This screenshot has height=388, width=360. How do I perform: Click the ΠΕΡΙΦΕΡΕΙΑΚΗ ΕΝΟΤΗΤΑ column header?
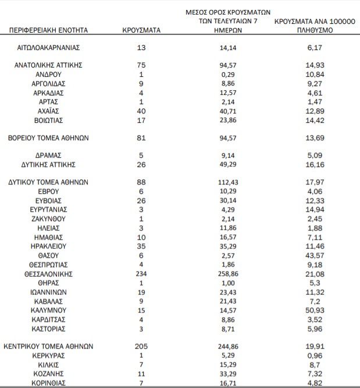[x=48, y=29]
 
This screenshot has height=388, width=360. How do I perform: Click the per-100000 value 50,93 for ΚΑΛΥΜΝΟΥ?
[x=315, y=310]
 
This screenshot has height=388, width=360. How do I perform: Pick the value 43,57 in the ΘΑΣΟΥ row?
[x=315, y=255]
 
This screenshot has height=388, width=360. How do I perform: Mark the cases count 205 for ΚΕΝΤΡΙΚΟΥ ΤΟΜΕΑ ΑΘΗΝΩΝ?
[x=141, y=346]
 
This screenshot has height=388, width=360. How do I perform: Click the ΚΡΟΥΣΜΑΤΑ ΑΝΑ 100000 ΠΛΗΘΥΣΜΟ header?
[x=315, y=24]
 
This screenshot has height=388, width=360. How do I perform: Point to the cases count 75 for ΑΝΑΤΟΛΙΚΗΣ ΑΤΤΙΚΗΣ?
[x=141, y=65]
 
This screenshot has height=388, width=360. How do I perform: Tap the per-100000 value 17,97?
[x=315, y=182]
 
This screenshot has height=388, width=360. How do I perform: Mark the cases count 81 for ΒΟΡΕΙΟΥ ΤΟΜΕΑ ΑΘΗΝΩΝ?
[x=141, y=138]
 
